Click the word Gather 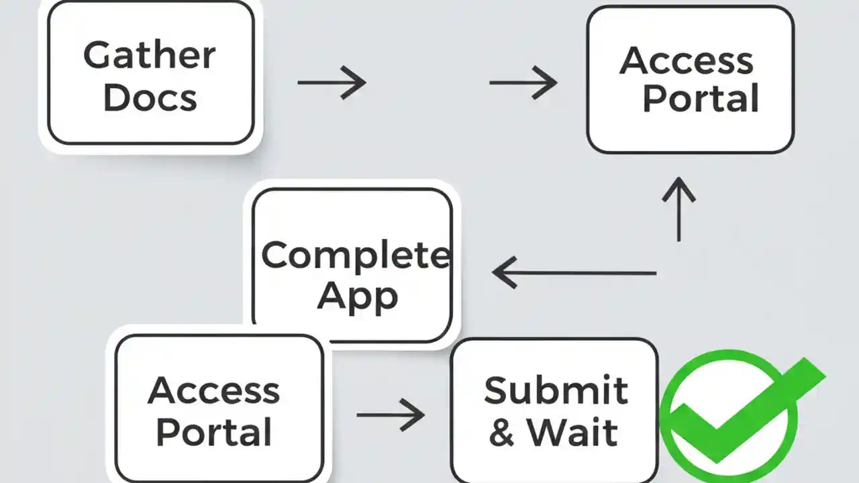click(150, 55)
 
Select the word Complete click(355, 256)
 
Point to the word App click(357, 296)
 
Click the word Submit click(556, 390)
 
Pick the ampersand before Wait click(501, 433)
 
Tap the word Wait click(572, 433)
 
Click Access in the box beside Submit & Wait click(213, 390)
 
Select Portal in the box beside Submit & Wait click(213, 433)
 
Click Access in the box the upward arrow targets click(686, 61)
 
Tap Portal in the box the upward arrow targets click(700, 99)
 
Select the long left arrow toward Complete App click(574, 273)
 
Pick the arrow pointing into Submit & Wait click(391, 415)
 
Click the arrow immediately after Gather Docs click(332, 83)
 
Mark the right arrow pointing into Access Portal click(523, 83)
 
